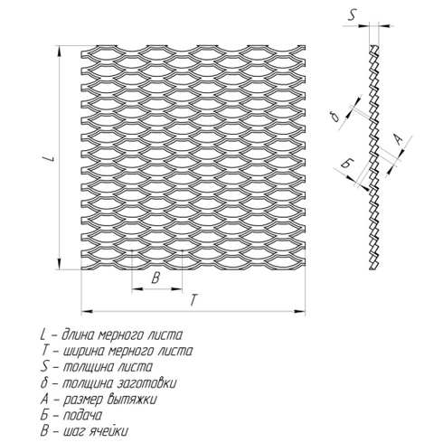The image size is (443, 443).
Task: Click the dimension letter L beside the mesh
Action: (52, 158)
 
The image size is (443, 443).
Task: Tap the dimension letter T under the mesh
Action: (194, 300)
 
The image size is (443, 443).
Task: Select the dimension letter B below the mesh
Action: (156, 278)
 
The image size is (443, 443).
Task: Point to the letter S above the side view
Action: (352, 15)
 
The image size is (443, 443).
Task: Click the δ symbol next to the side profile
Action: (335, 117)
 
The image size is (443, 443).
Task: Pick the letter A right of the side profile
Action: (399, 140)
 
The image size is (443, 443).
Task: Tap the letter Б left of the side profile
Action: (347, 164)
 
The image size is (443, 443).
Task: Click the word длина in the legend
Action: (79, 335)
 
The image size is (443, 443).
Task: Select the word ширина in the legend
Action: (83, 352)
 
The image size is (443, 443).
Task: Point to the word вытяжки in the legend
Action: (131, 400)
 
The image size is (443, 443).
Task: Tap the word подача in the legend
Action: (82, 415)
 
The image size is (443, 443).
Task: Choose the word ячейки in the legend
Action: (109, 431)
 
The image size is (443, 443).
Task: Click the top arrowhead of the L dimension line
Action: (60, 52)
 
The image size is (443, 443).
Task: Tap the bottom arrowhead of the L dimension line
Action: (60, 264)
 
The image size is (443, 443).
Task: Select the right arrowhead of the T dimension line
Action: (300, 312)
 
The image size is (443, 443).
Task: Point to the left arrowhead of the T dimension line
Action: (87, 311)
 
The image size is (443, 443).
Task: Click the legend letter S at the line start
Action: (44, 367)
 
